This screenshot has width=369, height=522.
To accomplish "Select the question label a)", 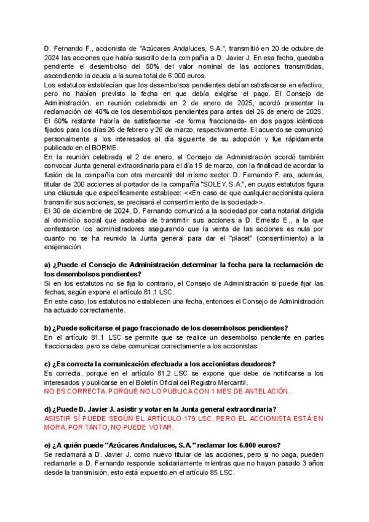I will (47, 265).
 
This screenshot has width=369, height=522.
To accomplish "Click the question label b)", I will (47, 327).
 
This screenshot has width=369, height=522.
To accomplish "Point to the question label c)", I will (47, 364).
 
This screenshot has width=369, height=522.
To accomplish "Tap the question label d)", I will (47, 409).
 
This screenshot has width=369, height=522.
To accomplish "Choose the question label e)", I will (47, 445).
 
